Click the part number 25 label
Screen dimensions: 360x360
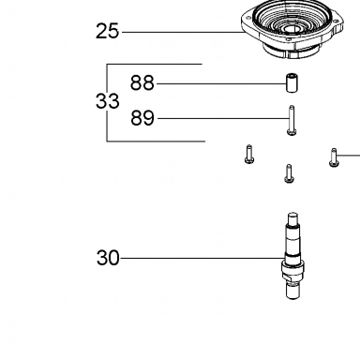[107, 31]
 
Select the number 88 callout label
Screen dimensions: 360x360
[142, 83]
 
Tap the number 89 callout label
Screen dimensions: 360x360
[142, 118]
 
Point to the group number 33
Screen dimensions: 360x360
[107, 101]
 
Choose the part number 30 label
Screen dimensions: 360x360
[108, 258]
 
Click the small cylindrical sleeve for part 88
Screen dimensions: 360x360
[292, 82]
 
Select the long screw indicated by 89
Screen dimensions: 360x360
[292, 121]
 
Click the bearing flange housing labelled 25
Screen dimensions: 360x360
[292, 29]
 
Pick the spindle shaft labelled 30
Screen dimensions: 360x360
[292, 256]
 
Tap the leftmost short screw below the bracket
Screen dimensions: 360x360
[249, 154]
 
